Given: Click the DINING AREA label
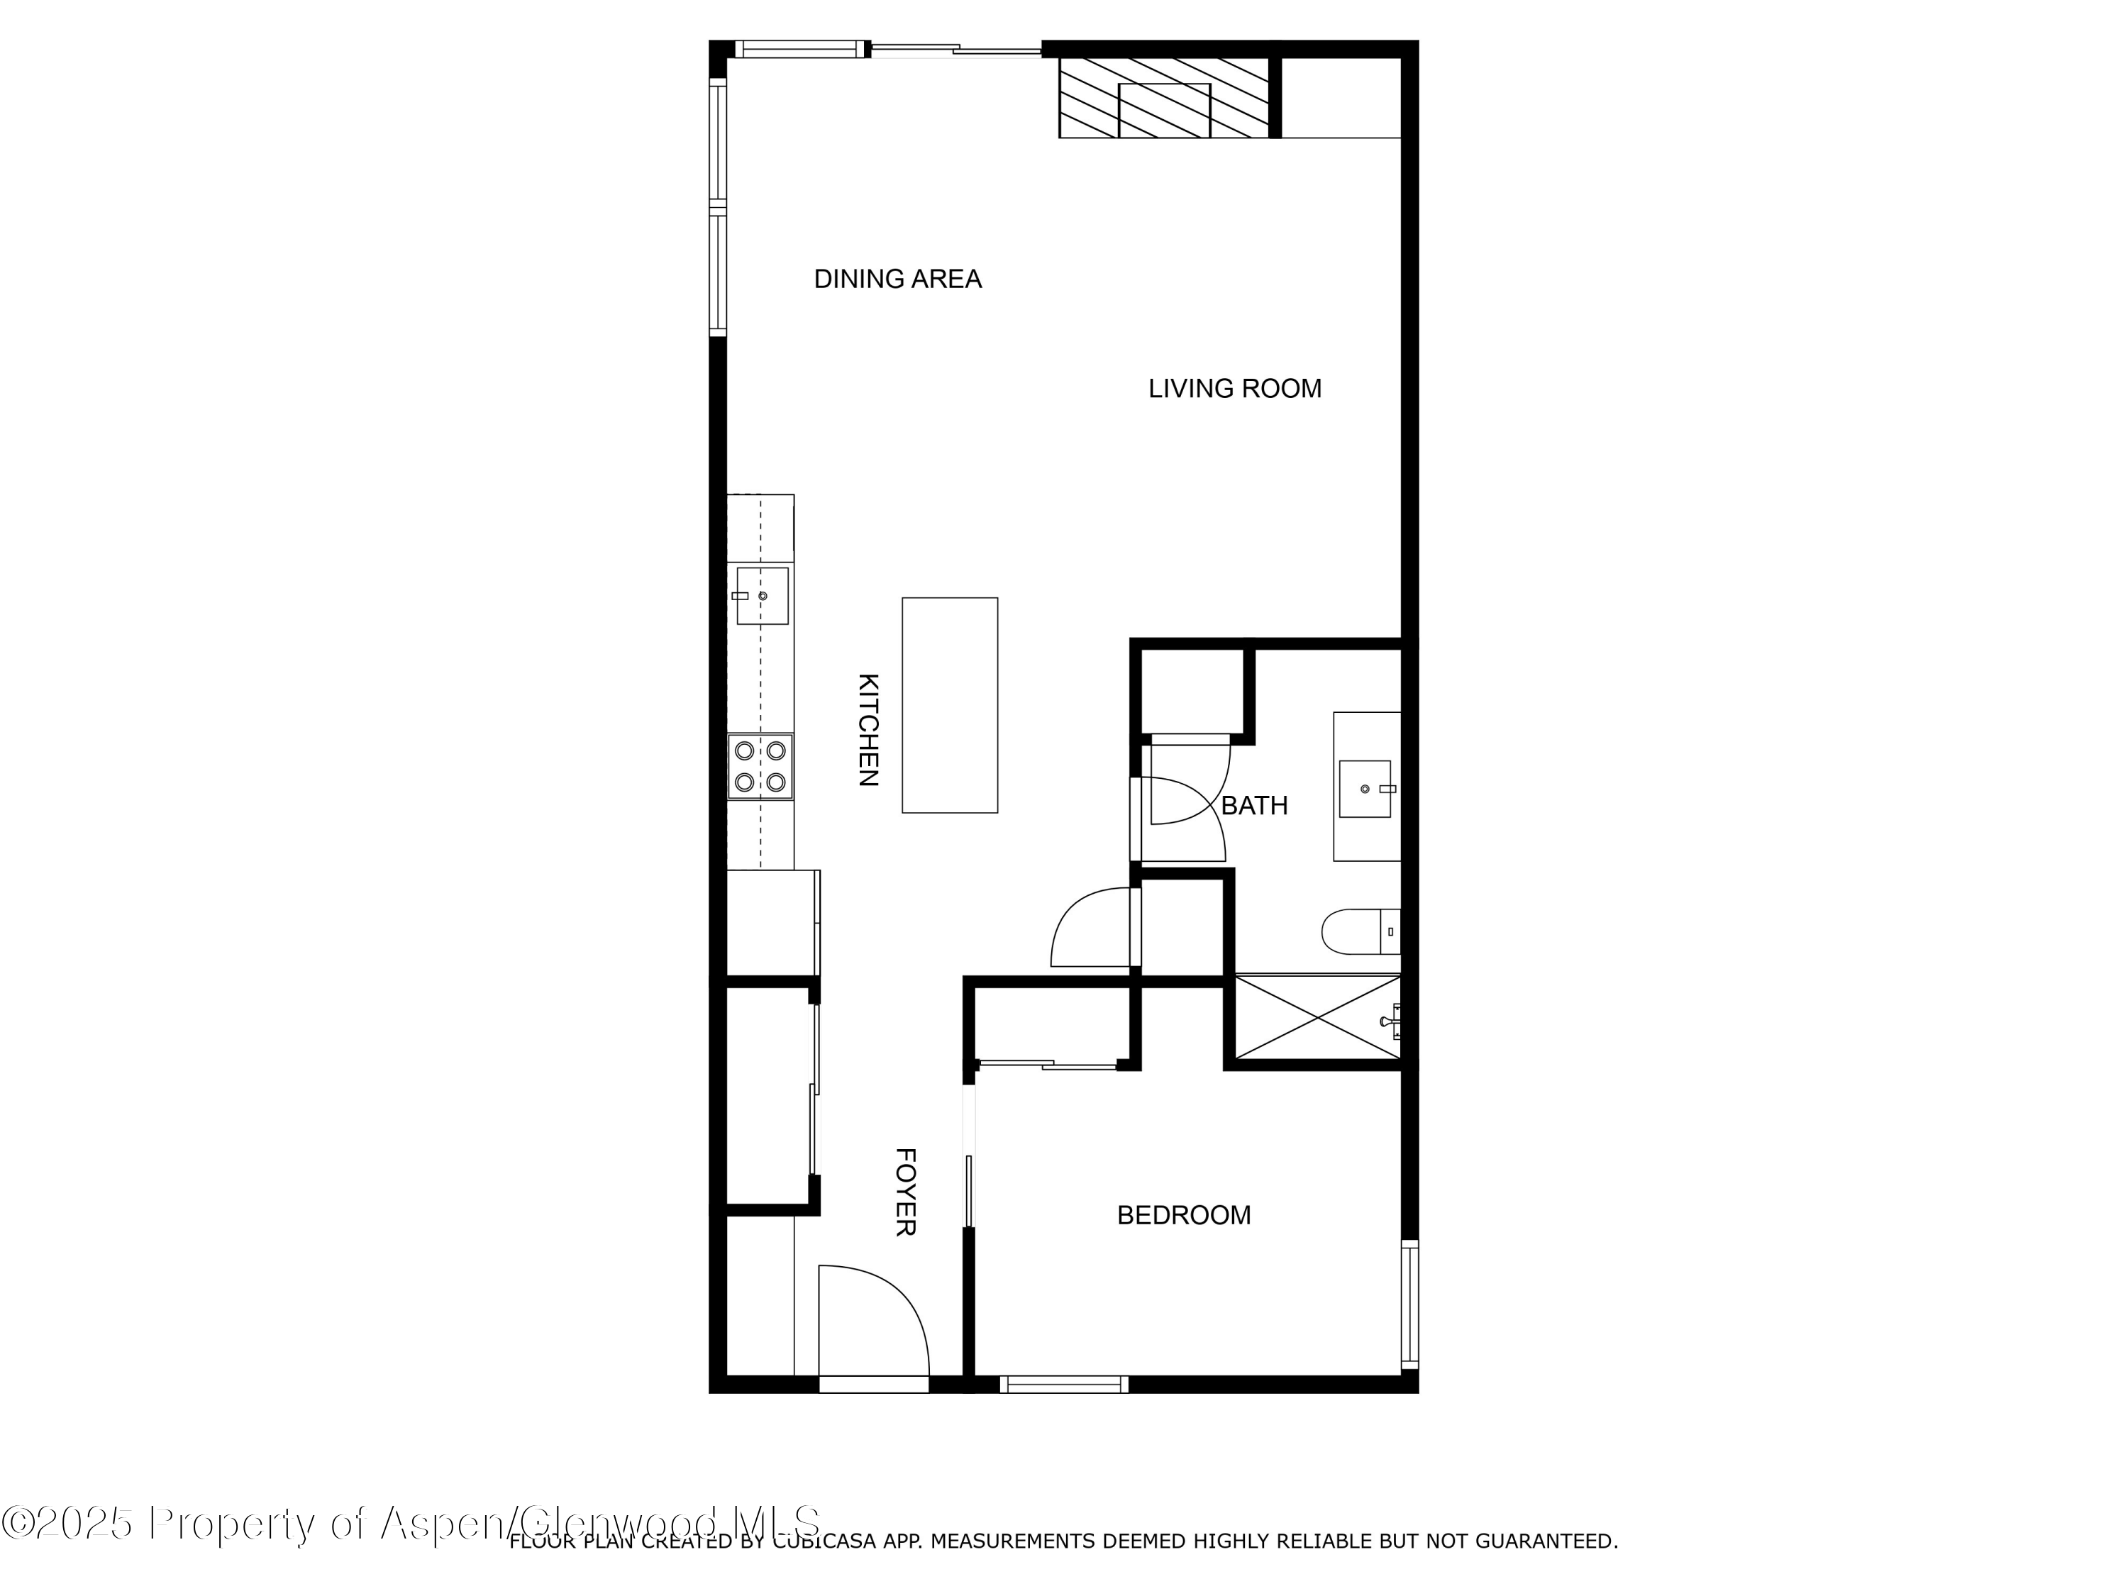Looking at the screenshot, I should (x=897, y=279).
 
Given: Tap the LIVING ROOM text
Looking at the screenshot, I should (x=1234, y=389).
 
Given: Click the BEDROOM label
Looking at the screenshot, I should (x=1183, y=1215).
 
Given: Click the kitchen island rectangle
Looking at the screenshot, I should (x=950, y=705).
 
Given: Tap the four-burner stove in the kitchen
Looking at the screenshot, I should (x=760, y=767).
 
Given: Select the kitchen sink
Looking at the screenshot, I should (x=762, y=596).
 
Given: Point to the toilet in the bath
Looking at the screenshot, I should (x=1358, y=931).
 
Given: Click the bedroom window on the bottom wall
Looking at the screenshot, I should (x=1063, y=1385).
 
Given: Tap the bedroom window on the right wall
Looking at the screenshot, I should (x=1409, y=1304).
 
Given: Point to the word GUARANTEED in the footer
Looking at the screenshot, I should (x=1549, y=1541).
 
